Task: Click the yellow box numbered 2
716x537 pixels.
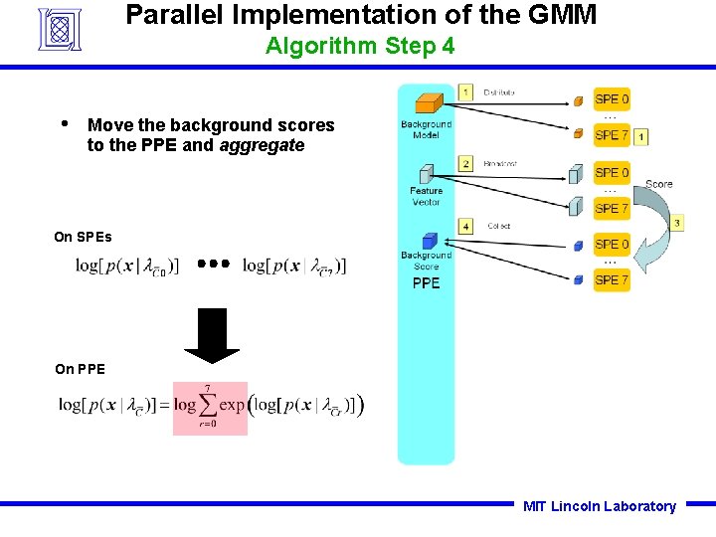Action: [x=465, y=163]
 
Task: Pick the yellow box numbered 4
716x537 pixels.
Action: [x=465, y=227]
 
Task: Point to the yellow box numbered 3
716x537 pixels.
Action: [x=676, y=224]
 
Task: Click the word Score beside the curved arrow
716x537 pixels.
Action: [x=658, y=184]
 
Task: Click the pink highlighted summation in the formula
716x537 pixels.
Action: [x=210, y=408]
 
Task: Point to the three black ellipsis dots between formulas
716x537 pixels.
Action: [x=212, y=265]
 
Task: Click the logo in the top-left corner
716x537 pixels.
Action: [x=66, y=29]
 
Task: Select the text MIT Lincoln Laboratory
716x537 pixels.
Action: [x=599, y=506]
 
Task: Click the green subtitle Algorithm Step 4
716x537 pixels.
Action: [x=360, y=46]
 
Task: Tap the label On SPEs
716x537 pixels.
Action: [x=83, y=237]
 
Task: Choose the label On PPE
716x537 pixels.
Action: [x=80, y=369]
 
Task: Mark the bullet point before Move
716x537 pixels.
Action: [x=64, y=124]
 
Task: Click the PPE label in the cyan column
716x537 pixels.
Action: [x=426, y=283]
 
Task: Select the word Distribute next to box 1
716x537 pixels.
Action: [x=498, y=92]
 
